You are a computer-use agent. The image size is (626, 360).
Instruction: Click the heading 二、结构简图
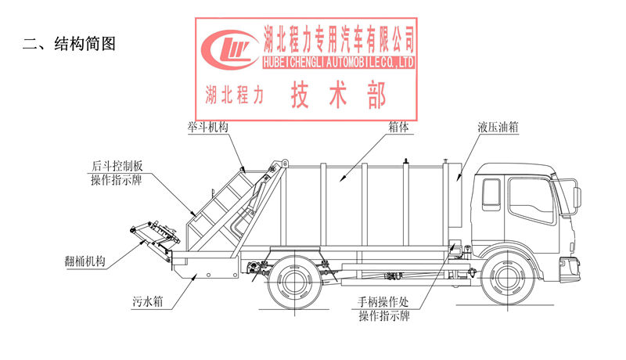[x=70, y=45]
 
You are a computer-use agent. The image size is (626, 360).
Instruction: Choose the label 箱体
[x=399, y=127]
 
